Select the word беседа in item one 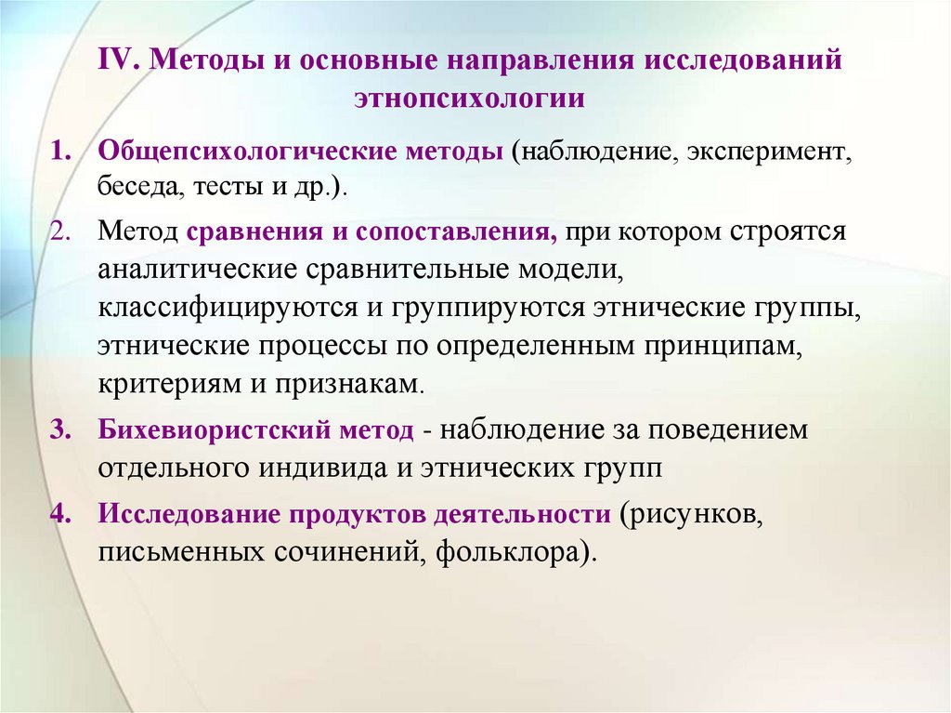coord(140,187)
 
